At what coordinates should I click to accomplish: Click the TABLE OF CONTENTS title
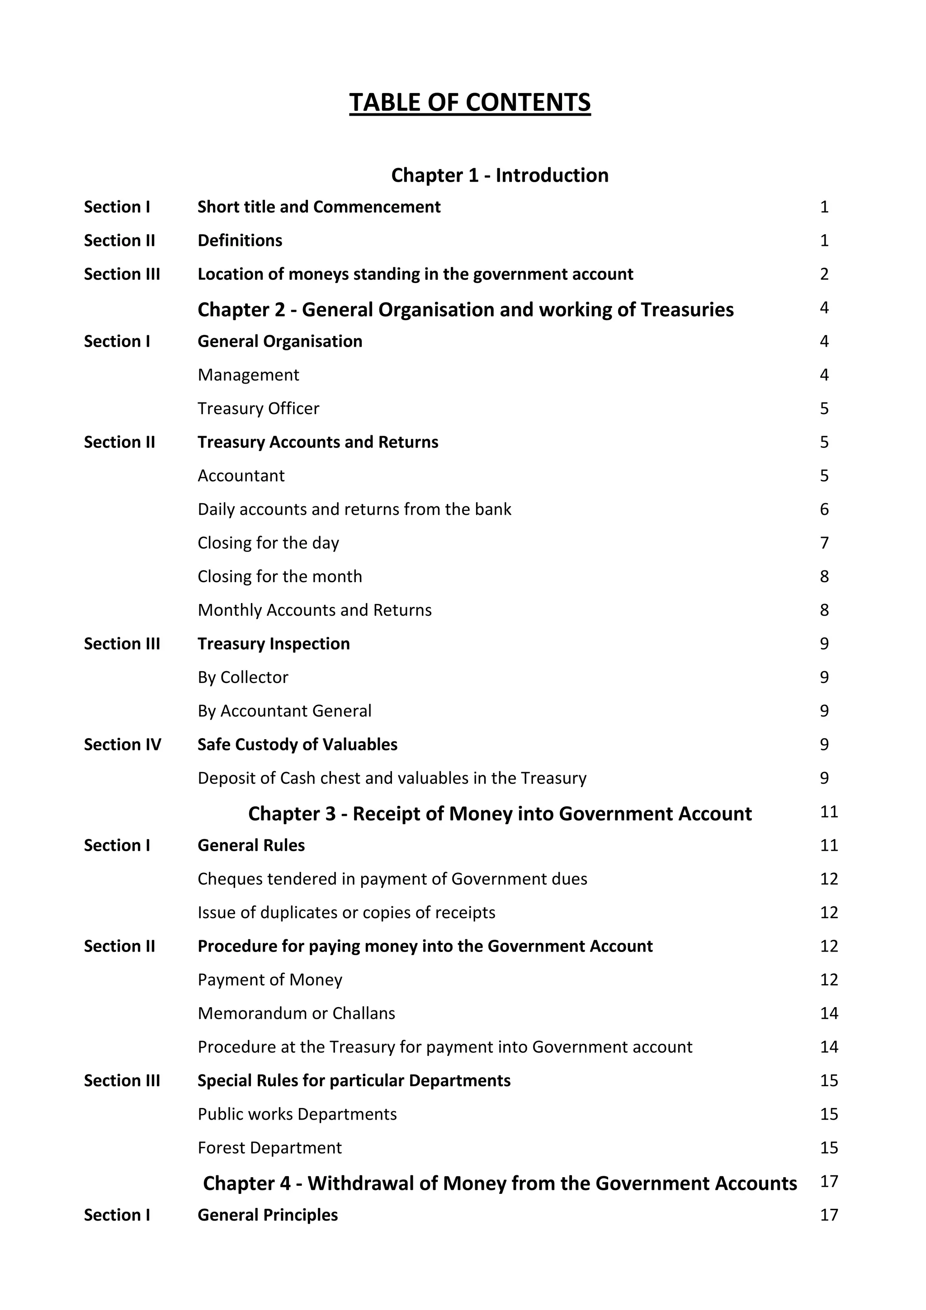pos(470,103)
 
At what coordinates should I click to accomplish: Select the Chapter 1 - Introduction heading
pos(499,175)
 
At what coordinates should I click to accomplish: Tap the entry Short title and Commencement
pos(318,207)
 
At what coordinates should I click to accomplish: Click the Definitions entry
pos(240,241)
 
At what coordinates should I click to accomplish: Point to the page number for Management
pos(824,375)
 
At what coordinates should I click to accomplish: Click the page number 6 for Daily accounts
pos(824,509)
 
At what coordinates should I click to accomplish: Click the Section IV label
pos(122,745)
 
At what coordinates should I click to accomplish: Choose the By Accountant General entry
pos(284,711)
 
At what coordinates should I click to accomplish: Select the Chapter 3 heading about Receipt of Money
pos(499,814)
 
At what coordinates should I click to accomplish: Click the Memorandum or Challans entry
pos(296,1013)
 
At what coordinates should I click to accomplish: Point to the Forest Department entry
pos(269,1148)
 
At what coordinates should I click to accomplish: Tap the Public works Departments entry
pos(297,1114)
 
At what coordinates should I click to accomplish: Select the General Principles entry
pos(267,1215)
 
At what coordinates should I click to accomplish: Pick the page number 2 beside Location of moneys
pos(824,274)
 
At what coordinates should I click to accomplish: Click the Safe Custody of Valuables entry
pos(297,745)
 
